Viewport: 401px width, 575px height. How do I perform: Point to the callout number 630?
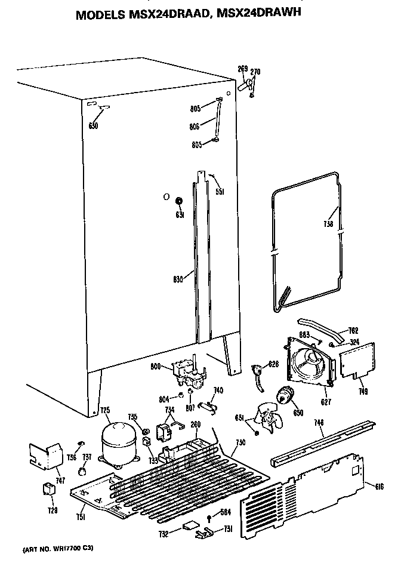click(x=92, y=126)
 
